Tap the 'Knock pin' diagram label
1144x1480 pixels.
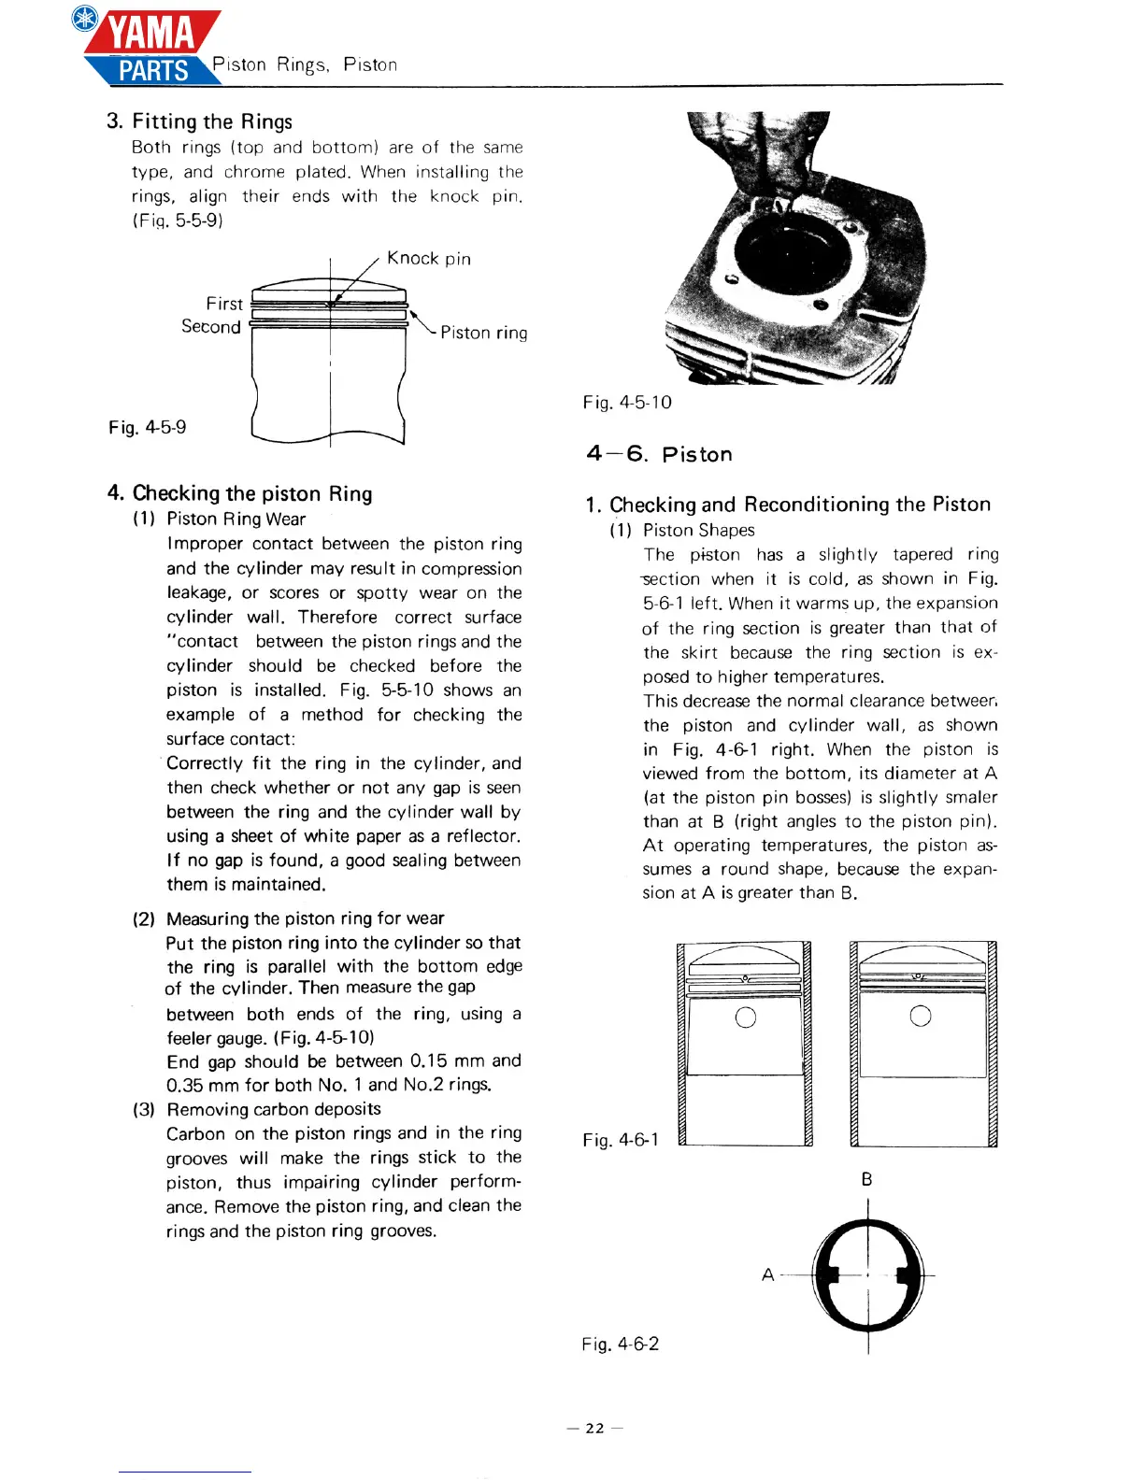[428, 259]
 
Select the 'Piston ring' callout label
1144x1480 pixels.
[483, 333]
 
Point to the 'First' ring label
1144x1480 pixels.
[224, 304]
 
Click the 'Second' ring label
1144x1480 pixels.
[211, 327]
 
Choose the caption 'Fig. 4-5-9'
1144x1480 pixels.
[147, 427]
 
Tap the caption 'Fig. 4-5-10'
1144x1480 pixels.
[626, 403]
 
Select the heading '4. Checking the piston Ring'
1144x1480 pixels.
[239, 493]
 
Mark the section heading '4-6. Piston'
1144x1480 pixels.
[659, 454]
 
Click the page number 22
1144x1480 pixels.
[594, 1428]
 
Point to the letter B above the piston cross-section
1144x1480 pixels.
[866, 1180]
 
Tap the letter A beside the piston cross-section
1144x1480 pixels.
[767, 1274]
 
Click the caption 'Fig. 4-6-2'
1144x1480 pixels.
[620, 1344]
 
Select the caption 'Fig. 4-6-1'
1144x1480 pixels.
[620, 1140]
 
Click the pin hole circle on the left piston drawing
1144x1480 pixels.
[745, 1017]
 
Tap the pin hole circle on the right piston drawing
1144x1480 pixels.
[920, 1016]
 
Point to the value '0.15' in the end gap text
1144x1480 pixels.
[429, 1061]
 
